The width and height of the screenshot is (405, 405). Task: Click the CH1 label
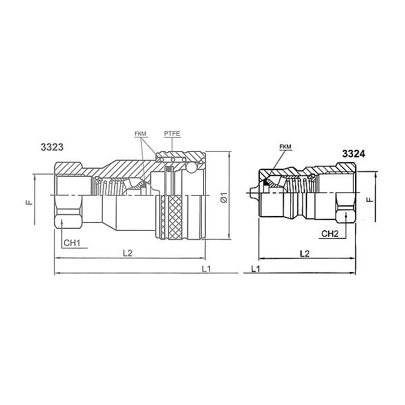pyautogui.click(x=72, y=242)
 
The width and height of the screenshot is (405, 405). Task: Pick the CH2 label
pyautogui.click(x=329, y=234)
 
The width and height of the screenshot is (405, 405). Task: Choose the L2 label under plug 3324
pyautogui.click(x=304, y=252)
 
